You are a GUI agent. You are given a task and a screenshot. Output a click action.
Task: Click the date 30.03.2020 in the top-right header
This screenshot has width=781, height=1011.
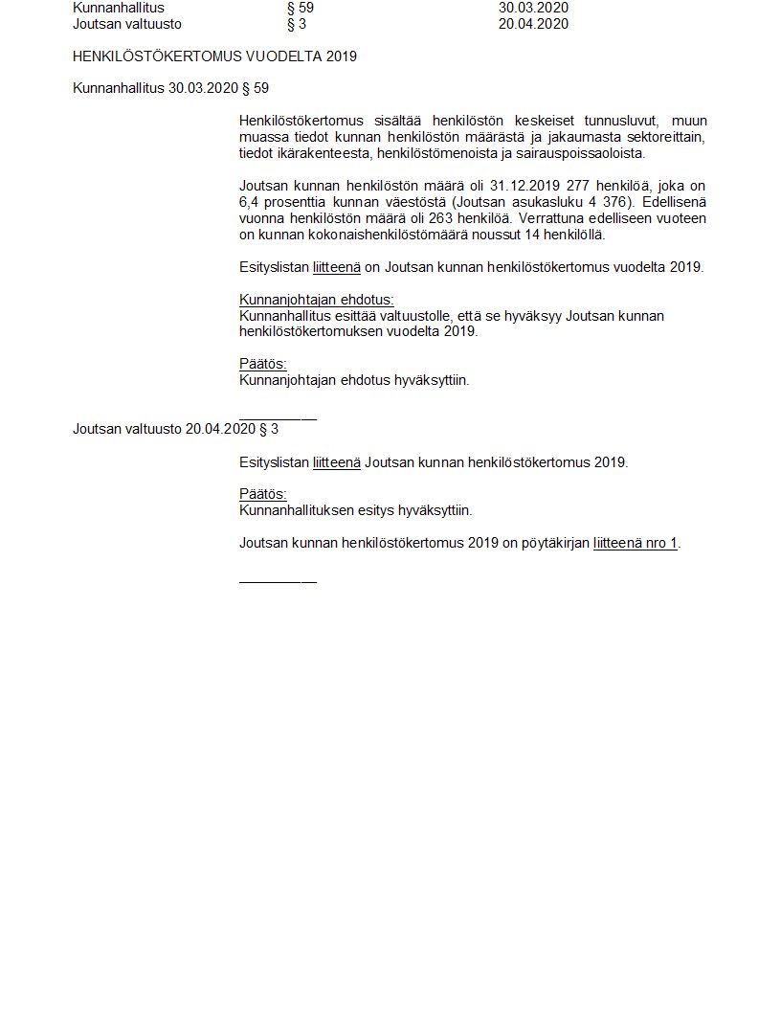click(x=533, y=8)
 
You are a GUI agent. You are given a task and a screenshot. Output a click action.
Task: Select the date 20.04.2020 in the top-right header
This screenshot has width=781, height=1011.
click(x=533, y=24)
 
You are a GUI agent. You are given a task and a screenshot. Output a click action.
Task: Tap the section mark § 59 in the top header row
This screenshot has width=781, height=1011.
click(x=301, y=8)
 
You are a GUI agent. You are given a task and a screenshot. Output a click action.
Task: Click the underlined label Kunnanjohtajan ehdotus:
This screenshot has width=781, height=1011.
click(x=317, y=300)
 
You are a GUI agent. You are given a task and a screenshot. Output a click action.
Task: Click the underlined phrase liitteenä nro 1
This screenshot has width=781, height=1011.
click(x=636, y=543)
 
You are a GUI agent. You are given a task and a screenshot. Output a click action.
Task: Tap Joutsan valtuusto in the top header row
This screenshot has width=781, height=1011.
click(x=127, y=24)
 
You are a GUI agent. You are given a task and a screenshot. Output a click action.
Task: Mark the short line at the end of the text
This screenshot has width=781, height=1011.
click(x=278, y=581)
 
